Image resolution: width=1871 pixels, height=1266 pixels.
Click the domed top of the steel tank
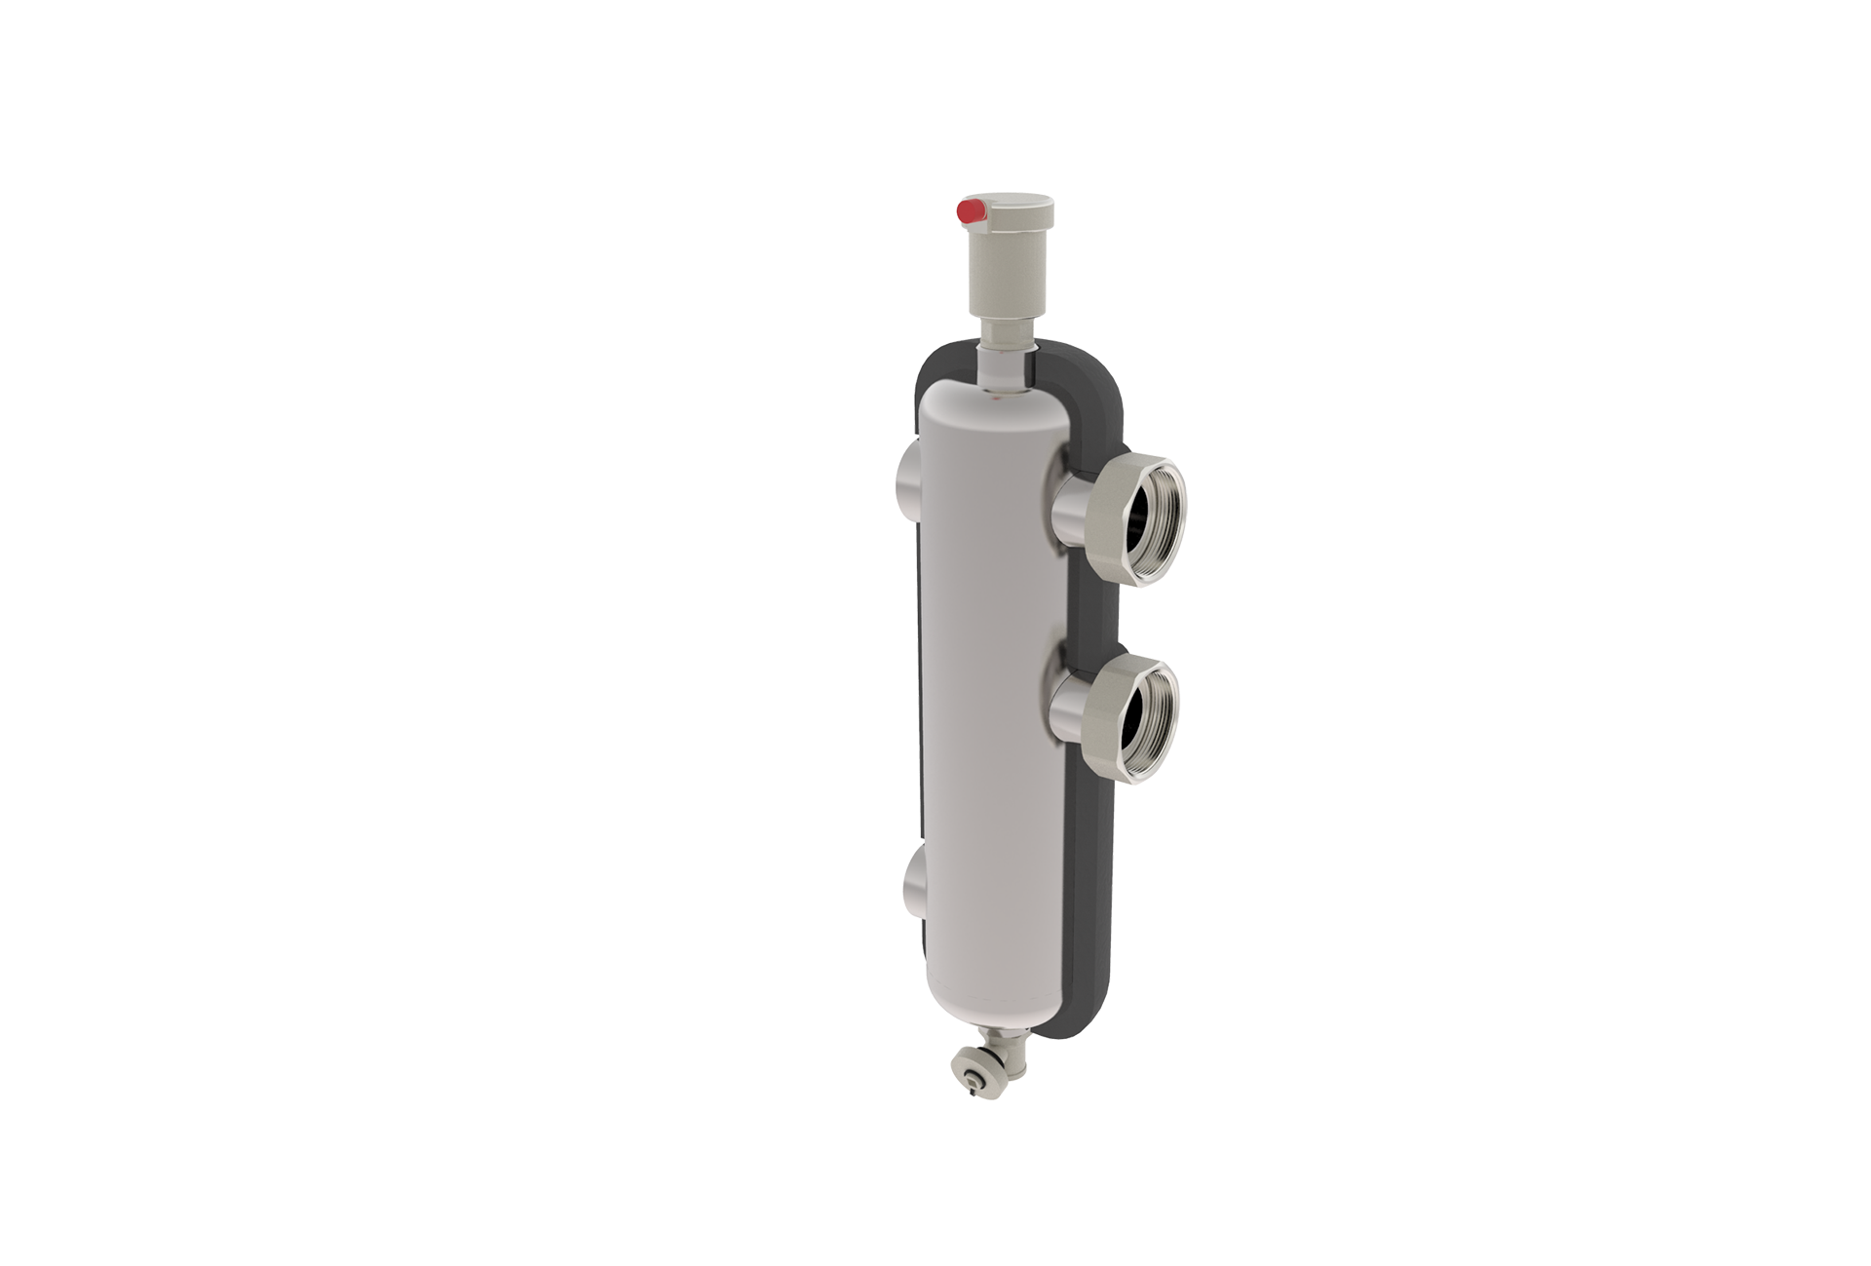(x=984, y=400)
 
